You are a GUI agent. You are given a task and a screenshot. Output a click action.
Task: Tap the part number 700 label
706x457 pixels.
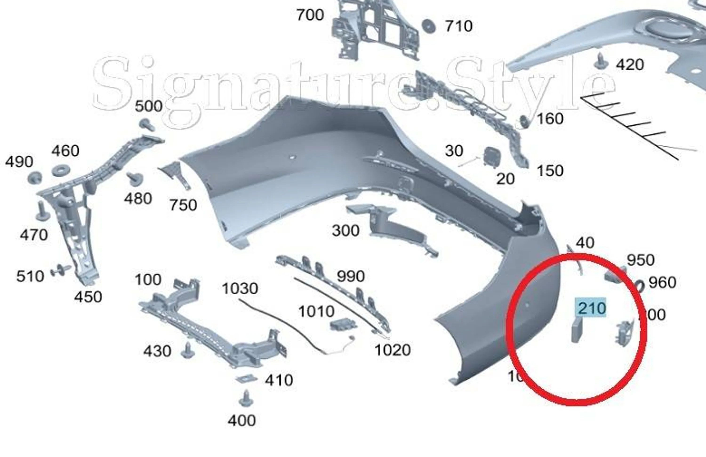coord(310,15)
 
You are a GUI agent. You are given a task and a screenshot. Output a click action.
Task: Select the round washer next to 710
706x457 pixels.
coord(428,26)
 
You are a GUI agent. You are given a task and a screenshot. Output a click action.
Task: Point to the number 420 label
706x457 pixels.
coord(630,65)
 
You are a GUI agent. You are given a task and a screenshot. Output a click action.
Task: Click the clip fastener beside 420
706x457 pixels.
coord(601,61)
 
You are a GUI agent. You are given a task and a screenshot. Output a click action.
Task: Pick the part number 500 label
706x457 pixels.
coord(149,106)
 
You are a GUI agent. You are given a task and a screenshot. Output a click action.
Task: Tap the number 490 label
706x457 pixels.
coord(19,162)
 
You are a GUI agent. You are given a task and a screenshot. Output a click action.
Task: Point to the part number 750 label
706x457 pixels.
coord(183,205)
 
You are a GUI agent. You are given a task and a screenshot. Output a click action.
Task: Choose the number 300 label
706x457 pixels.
coord(345,231)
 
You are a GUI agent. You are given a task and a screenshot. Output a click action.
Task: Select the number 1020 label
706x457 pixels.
coord(393,350)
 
